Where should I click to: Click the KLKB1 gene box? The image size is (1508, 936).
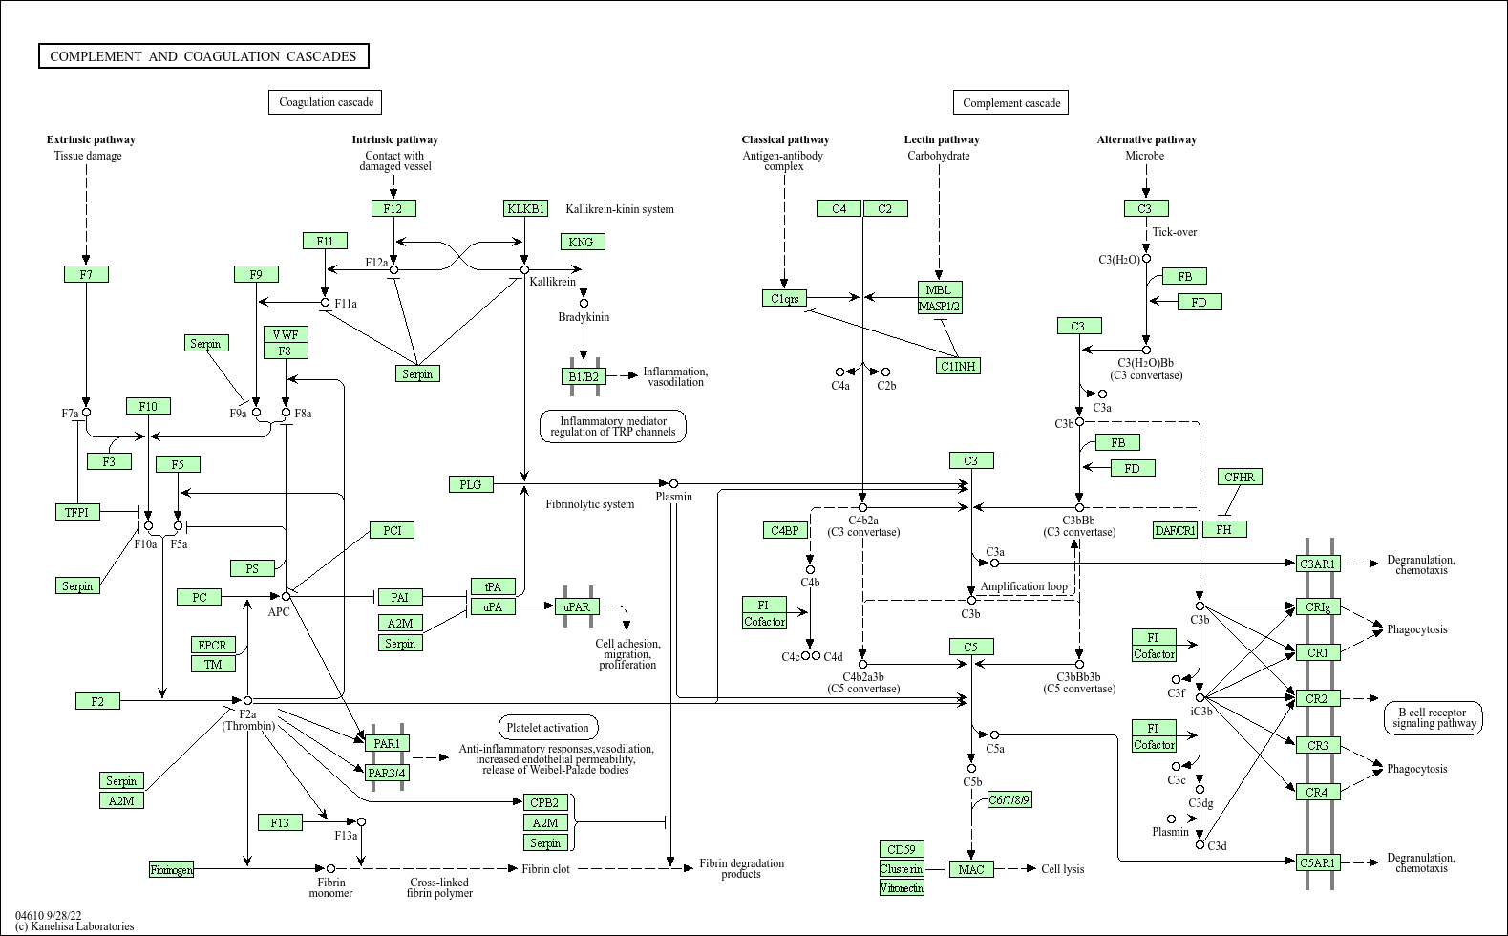tap(526, 208)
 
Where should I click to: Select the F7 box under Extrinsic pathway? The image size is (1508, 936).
tap(86, 274)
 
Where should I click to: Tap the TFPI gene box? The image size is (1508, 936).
tap(76, 512)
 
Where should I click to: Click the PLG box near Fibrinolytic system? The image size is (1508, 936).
tap(471, 484)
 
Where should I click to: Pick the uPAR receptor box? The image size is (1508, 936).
tap(577, 606)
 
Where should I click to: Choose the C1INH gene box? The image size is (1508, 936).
tap(959, 366)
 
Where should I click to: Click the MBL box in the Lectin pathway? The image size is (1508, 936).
tap(940, 289)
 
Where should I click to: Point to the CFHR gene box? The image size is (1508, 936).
tap(1240, 477)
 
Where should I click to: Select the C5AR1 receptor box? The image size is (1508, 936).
tap(1318, 862)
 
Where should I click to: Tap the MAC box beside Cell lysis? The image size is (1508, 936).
tap(971, 869)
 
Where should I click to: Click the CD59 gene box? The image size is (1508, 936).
tap(902, 849)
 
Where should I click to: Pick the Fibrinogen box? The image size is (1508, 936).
tap(172, 869)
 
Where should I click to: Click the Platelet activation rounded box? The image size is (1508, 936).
tap(548, 728)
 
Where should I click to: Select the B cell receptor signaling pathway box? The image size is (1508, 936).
tap(1434, 718)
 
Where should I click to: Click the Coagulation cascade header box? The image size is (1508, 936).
tap(326, 102)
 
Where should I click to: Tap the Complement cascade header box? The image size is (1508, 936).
tap(1011, 103)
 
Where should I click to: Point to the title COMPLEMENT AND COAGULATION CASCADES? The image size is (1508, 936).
tap(203, 56)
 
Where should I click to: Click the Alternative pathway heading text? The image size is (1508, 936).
tap(1146, 139)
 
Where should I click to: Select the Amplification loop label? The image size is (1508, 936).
tap(1024, 586)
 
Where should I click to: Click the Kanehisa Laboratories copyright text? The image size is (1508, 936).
tap(74, 926)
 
